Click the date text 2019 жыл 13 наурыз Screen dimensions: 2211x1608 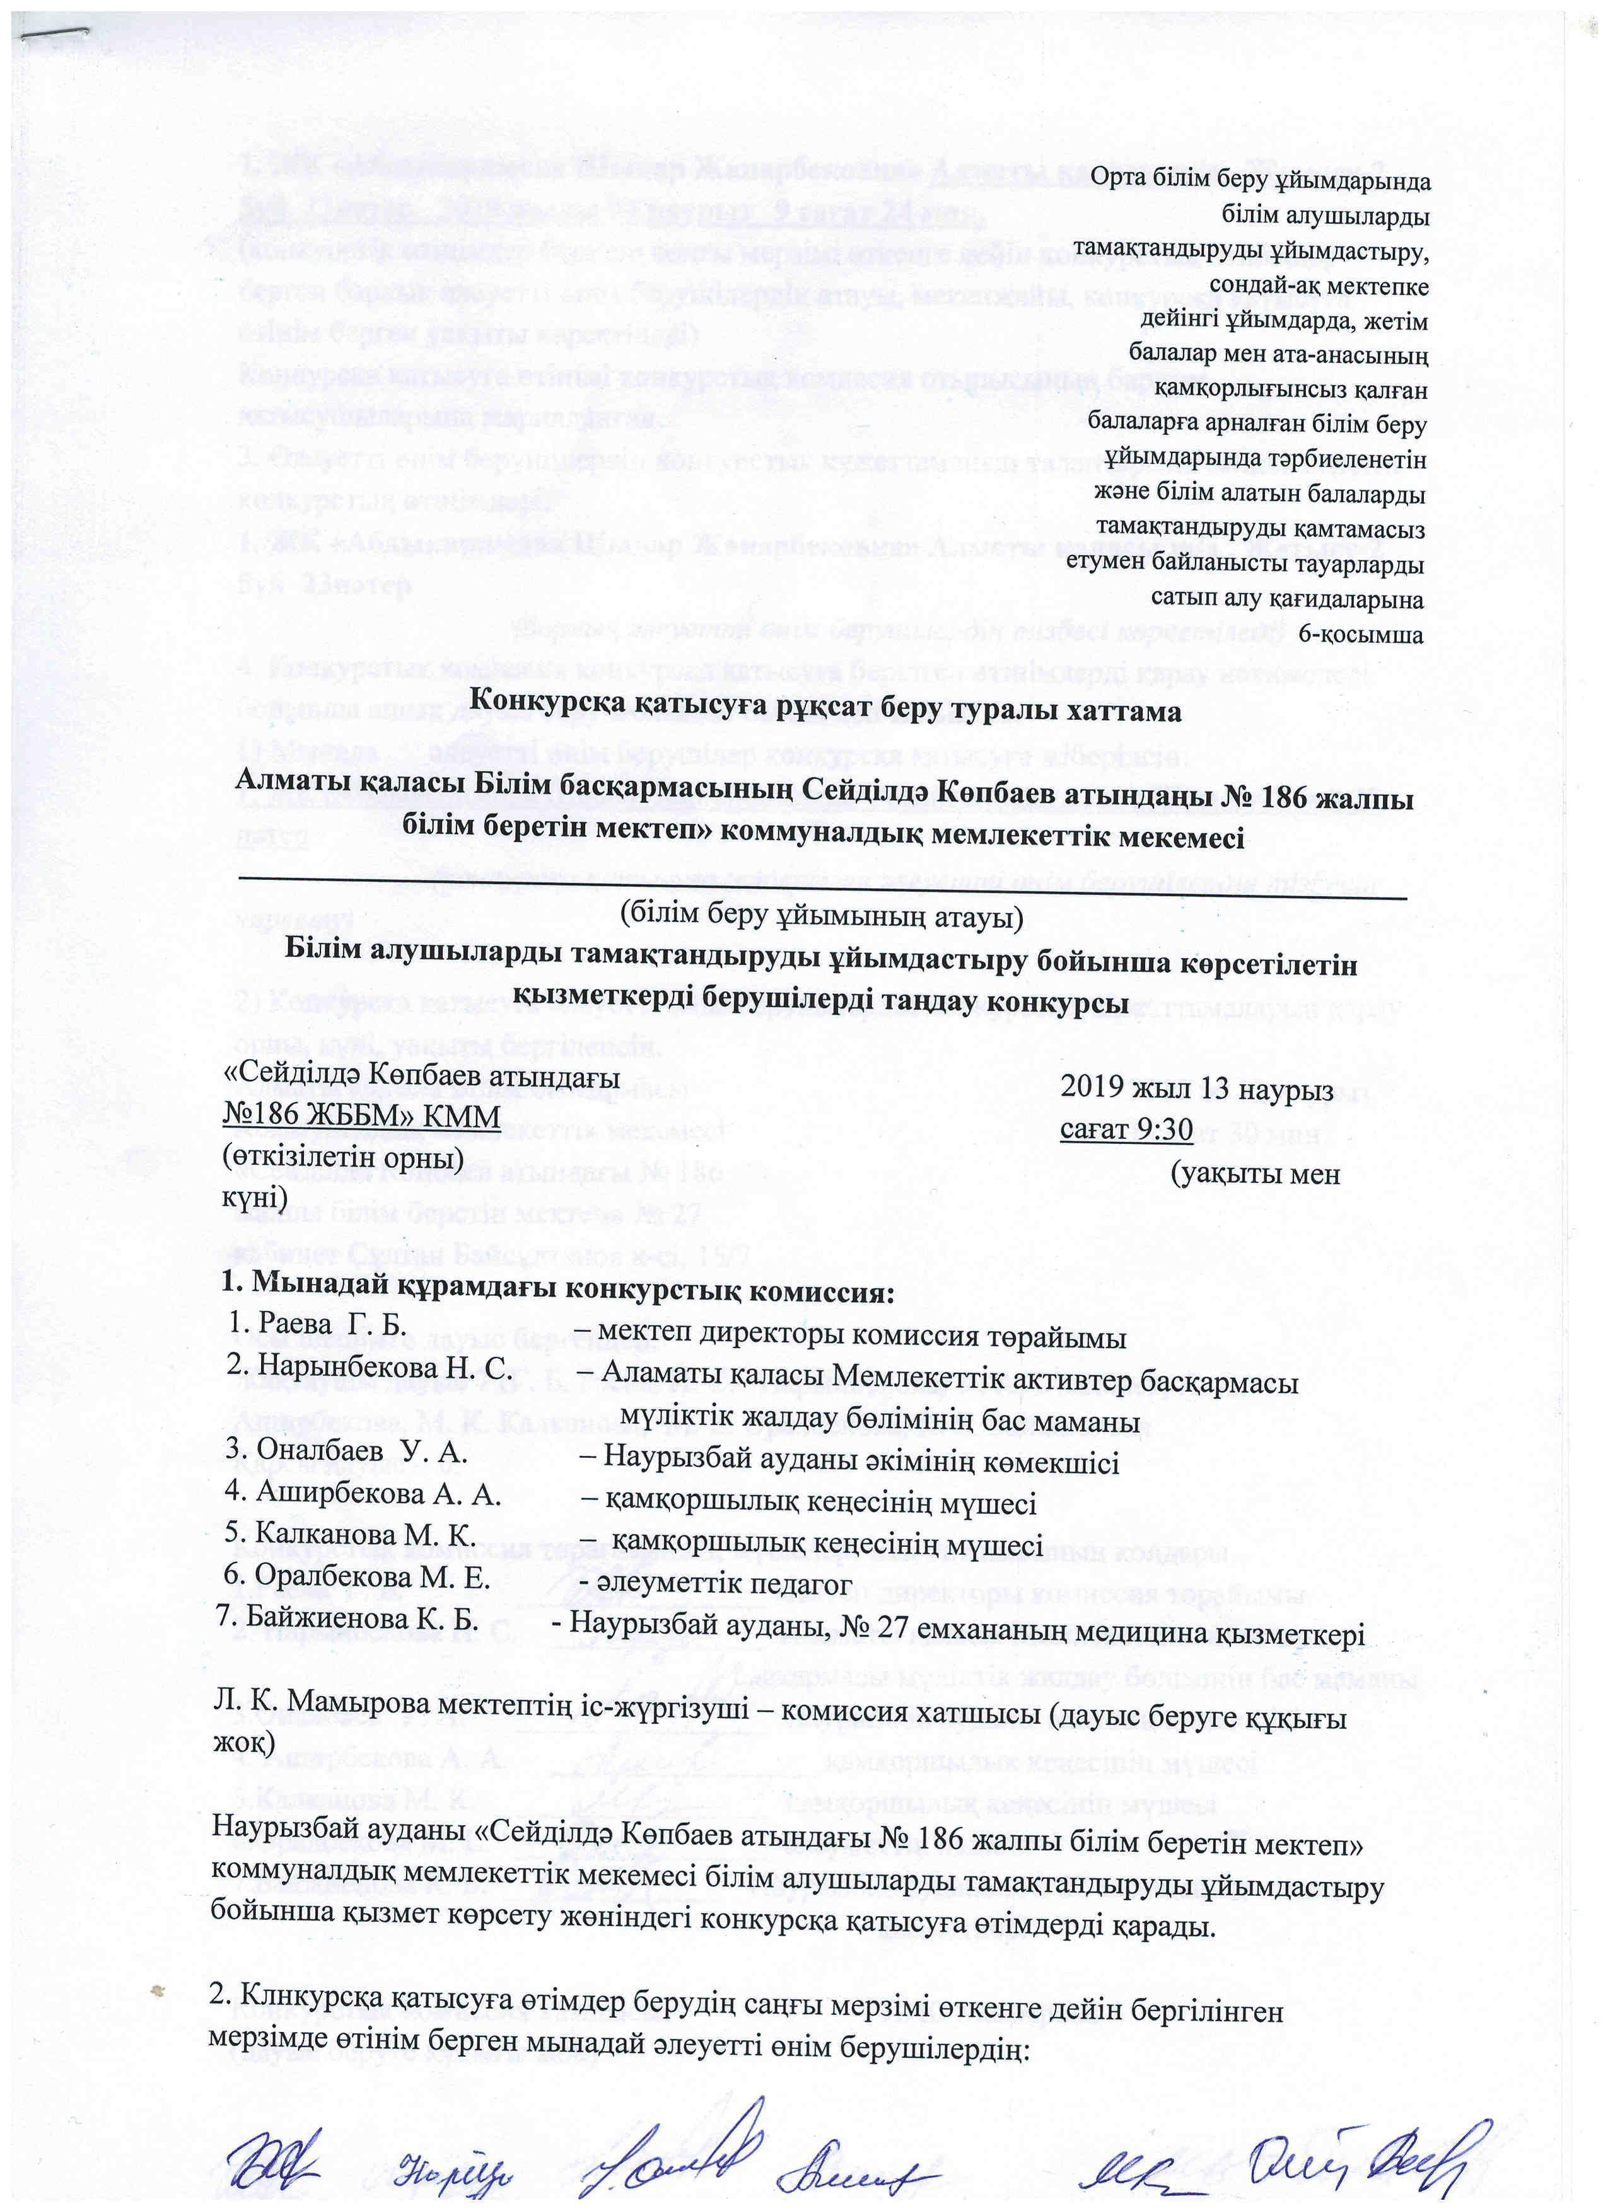tap(1196, 1090)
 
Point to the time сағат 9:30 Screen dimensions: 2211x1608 tap(1126, 1128)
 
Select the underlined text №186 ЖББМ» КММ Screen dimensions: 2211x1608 tap(362, 1116)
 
